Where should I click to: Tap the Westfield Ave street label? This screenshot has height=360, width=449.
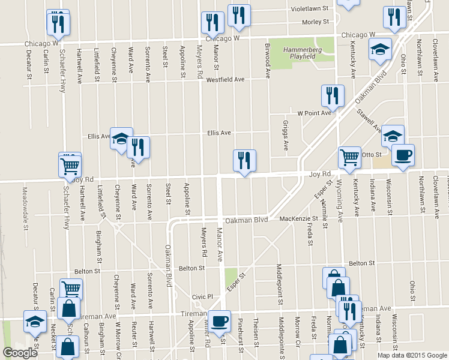225,80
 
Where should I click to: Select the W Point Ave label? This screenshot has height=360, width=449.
315,113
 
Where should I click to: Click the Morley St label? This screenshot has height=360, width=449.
316,22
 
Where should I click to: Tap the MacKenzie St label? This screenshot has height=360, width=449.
298,218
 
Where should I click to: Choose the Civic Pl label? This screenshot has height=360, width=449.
202,296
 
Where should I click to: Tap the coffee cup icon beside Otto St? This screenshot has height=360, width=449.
402,155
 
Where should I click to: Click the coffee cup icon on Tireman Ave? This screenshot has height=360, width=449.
219,320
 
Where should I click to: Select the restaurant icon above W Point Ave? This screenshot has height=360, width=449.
331,95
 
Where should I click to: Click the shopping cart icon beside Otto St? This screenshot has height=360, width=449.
349,157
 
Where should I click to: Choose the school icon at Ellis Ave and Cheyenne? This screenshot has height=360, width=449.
121,137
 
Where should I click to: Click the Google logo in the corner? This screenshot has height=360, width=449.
20,353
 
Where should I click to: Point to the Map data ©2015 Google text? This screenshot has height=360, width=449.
412,355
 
